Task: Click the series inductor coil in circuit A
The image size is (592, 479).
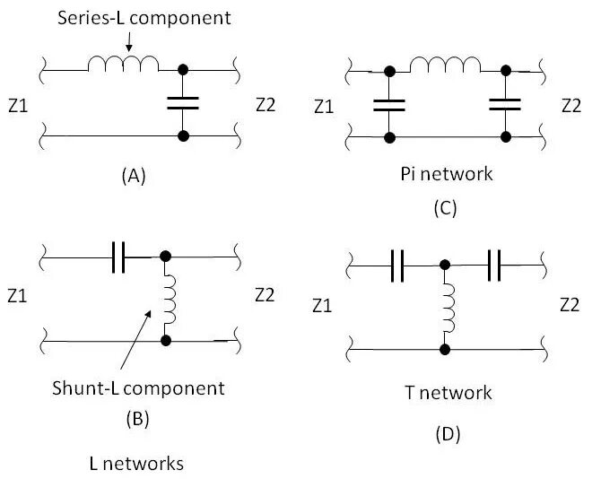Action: point(123,64)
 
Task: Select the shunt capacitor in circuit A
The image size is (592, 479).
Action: point(183,103)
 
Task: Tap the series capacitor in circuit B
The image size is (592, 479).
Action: point(118,257)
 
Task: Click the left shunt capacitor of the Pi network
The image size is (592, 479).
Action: point(389,105)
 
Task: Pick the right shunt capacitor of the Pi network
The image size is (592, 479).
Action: point(505,105)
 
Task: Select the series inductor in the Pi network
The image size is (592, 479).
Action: point(446,65)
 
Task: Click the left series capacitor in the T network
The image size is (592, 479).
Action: point(397,266)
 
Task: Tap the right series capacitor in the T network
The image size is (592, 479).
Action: point(494,265)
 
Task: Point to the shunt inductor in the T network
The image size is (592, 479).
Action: point(449,308)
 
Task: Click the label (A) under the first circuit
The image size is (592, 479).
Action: point(134,176)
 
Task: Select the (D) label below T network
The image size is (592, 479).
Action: point(448,434)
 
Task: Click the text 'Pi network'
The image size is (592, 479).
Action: point(447,174)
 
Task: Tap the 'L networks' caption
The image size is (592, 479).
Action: point(136,464)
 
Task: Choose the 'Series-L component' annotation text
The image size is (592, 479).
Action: point(144,18)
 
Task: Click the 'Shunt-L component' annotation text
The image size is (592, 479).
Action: point(138,388)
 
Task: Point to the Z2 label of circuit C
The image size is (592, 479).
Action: point(571,106)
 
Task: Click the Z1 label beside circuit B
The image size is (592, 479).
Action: point(17,296)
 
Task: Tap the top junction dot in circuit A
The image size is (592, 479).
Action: point(183,70)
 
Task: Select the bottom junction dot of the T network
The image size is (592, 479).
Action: point(445,350)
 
